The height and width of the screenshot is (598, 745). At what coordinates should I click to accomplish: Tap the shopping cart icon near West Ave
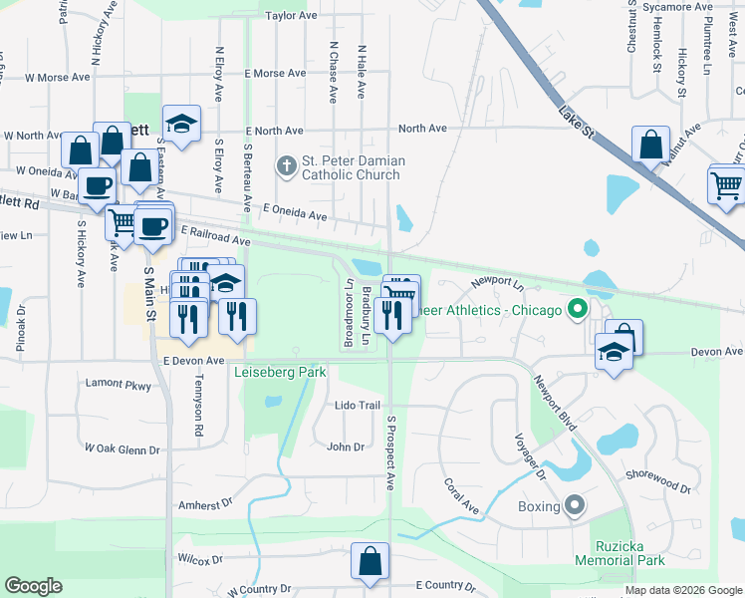pos(726,184)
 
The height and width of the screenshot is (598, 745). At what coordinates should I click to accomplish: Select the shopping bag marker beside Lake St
pos(650,144)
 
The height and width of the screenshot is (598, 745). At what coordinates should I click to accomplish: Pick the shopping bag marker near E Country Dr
pos(370,560)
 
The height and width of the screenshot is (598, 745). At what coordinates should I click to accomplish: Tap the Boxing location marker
pos(574,506)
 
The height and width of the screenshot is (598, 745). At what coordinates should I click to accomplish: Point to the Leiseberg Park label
pos(280,373)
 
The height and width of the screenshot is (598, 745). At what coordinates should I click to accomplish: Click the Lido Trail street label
pos(358,406)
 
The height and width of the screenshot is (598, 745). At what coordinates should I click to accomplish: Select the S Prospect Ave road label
pos(391,452)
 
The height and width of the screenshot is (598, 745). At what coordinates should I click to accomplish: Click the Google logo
pos(33,586)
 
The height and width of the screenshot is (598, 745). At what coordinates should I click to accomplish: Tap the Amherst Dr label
pos(204,505)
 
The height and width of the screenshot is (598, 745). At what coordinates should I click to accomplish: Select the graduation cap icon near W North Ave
pos(181,123)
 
